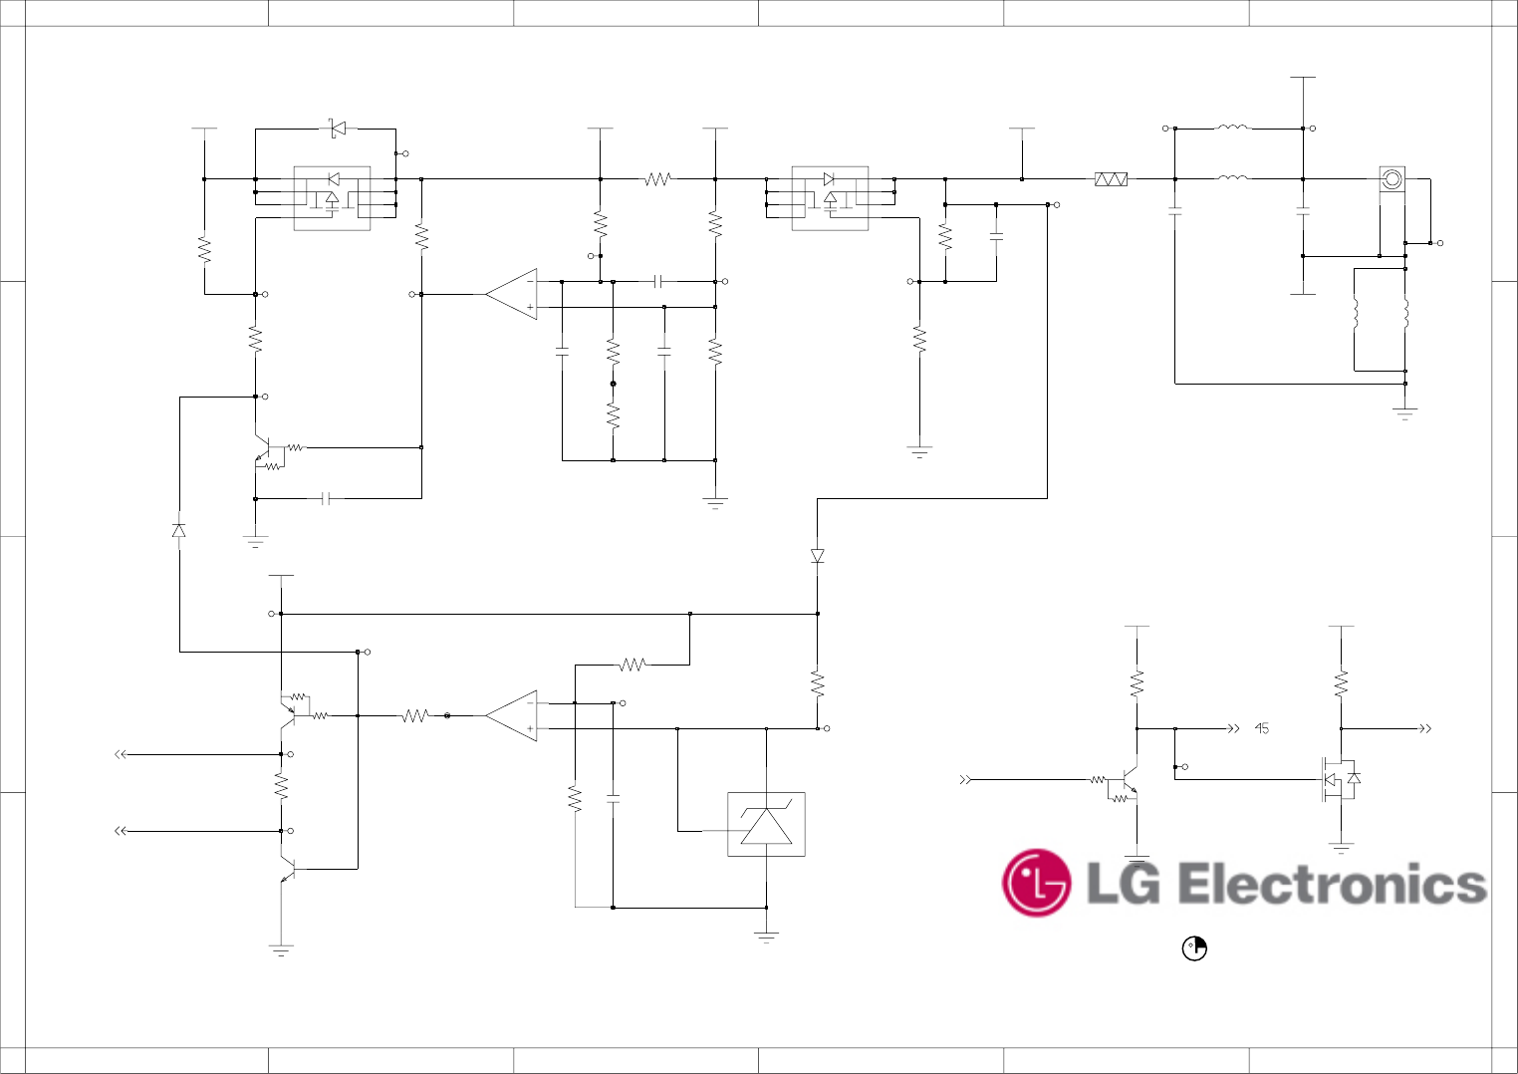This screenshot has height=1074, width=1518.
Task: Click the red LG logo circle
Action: tap(1036, 883)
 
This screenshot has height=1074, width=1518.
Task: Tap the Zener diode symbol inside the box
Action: tap(766, 825)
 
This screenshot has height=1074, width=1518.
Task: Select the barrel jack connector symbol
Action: tap(1391, 179)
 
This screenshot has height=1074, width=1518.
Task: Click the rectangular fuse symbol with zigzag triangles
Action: tap(1111, 179)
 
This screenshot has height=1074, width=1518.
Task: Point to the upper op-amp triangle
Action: tap(512, 294)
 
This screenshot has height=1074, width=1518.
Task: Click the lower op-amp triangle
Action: tap(512, 715)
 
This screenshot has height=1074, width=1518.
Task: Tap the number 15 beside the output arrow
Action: tap(1262, 728)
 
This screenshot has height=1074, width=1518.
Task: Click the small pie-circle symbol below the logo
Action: tap(1194, 948)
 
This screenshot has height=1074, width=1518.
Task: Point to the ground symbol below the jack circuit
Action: tap(1404, 412)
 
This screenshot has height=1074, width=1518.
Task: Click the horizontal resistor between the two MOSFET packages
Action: tap(657, 179)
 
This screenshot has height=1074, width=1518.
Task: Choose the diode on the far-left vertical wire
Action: tap(179, 530)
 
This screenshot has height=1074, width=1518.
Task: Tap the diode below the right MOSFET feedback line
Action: tap(818, 556)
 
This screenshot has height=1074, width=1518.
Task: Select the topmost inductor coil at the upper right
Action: tap(1233, 127)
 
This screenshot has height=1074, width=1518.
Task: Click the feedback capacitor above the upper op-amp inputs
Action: tap(657, 282)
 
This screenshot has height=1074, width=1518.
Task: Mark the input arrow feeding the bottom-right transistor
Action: tap(964, 779)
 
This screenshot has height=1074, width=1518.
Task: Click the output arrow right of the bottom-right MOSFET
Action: tap(1425, 728)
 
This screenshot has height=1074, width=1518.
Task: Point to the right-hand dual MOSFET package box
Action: tap(830, 198)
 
